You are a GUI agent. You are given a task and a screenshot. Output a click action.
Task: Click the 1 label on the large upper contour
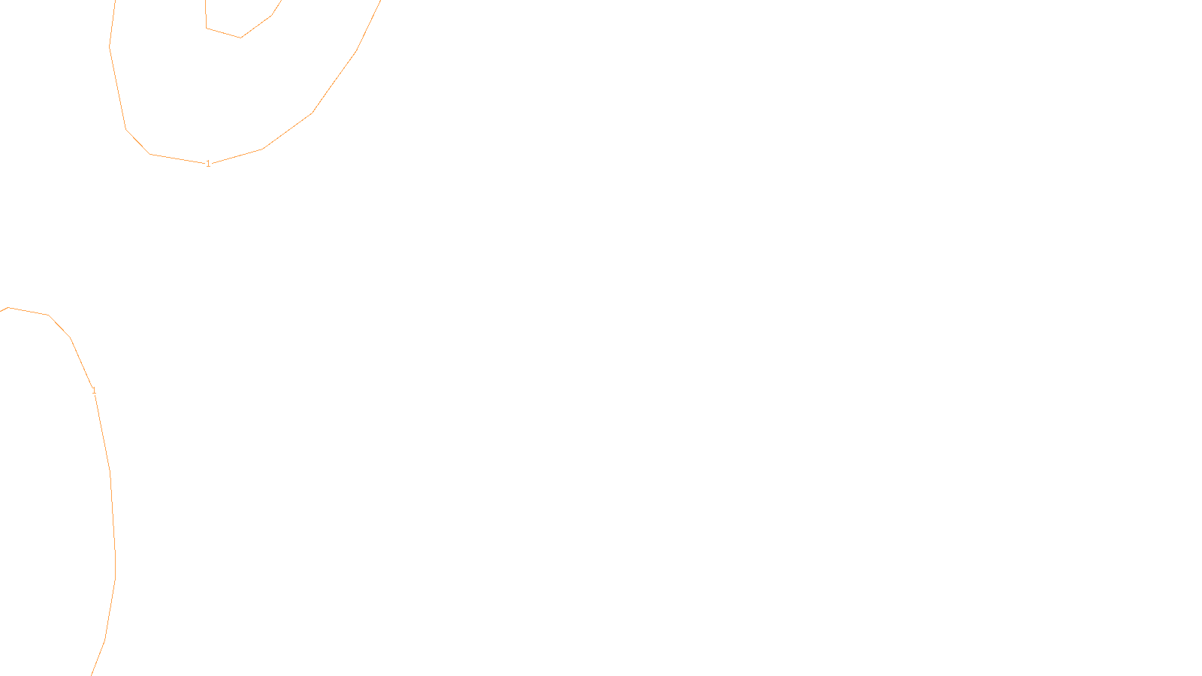tap(208, 164)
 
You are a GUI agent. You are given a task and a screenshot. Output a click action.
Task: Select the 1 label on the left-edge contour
tap(94, 391)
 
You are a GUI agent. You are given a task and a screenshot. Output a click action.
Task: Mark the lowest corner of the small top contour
tap(240, 38)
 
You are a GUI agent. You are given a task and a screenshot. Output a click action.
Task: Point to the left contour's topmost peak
tap(8, 307)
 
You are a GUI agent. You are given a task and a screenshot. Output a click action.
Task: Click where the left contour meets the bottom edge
tap(92, 674)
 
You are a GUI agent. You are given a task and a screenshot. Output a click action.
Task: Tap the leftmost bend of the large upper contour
tap(110, 46)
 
